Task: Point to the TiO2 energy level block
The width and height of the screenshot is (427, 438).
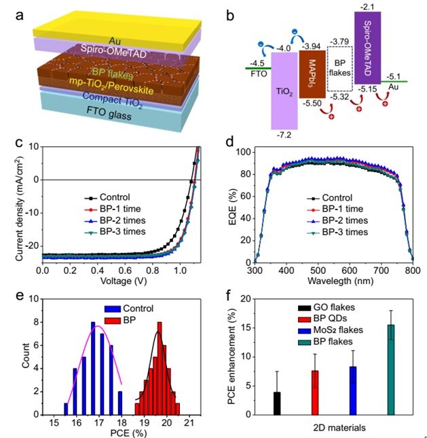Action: click(283, 88)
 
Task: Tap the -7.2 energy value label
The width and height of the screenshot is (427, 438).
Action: click(283, 136)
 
